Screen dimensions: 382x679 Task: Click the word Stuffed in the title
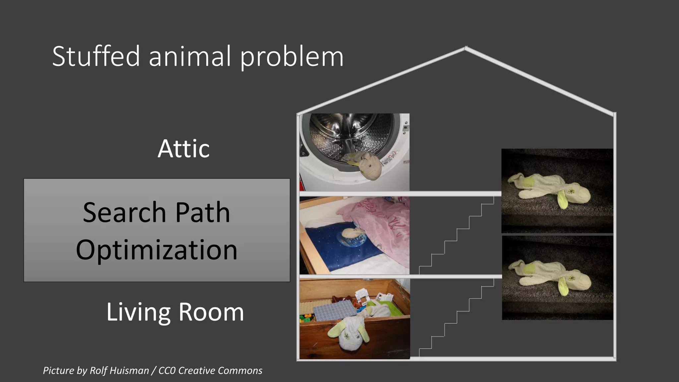tap(96, 56)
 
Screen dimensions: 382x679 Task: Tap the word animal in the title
tap(190, 56)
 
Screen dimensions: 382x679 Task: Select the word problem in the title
tap(291, 57)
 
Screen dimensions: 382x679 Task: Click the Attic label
tap(183, 149)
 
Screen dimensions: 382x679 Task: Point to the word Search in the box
tap(124, 212)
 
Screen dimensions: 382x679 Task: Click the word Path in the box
tap(203, 212)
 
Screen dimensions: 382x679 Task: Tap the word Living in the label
tap(139, 312)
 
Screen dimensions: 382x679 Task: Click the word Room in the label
tap(211, 312)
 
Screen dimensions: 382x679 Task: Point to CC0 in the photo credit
tap(167, 370)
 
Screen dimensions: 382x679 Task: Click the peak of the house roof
tap(466, 48)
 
